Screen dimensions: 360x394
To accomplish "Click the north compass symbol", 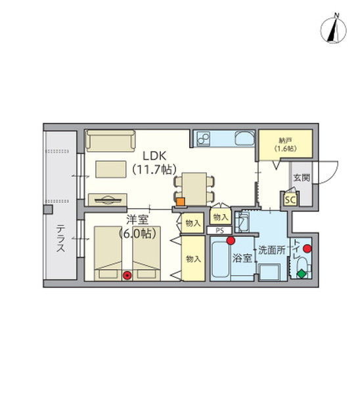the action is pyautogui.click(x=333, y=29).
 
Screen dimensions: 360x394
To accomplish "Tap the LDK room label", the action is pyautogui.click(x=154, y=156).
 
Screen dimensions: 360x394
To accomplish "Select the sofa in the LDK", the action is pyautogui.click(x=110, y=141).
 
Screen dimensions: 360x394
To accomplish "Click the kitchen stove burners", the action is pyautogui.click(x=203, y=139).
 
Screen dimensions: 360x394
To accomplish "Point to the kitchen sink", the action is pyautogui.click(x=244, y=138).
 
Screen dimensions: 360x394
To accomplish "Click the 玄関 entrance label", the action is pyautogui.click(x=302, y=178).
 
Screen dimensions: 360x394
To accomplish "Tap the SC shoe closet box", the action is pyautogui.click(x=290, y=200).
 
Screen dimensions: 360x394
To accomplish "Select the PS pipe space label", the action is pyautogui.click(x=219, y=230).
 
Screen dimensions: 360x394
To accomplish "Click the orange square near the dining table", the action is pyautogui.click(x=181, y=202).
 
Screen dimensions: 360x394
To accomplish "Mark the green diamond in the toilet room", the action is pyautogui.click(x=302, y=274).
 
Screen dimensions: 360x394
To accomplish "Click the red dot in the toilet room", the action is pyautogui.click(x=307, y=249).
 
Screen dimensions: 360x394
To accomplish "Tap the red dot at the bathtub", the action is pyautogui.click(x=231, y=241).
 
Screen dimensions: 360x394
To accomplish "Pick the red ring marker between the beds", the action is pyautogui.click(x=127, y=276).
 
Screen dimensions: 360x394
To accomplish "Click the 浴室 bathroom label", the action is pyautogui.click(x=242, y=258).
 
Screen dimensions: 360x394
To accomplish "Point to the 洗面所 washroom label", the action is pyautogui.click(x=272, y=250).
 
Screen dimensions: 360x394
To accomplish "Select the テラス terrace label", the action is pyautogui.click(x=60, y=238).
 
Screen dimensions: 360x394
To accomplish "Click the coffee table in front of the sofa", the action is pyautogui.click(x=111, y=169).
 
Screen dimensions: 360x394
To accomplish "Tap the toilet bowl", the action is pyautogui.click(x=303, y=267).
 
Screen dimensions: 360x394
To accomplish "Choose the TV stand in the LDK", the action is pyautogui.click(x=108, y=200).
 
